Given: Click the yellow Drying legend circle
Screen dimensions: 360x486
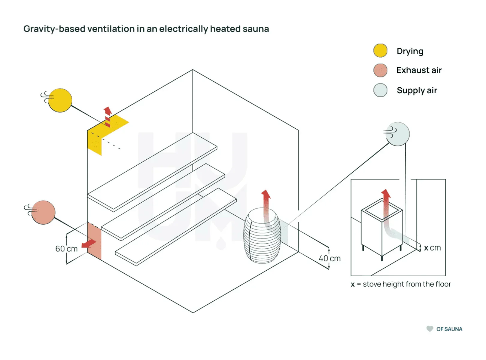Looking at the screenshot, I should point(380,51).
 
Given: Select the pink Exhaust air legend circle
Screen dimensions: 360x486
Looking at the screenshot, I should point(380,70).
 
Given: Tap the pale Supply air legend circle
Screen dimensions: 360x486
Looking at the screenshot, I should point(380,90).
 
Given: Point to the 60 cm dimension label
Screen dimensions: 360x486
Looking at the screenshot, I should point(66,249).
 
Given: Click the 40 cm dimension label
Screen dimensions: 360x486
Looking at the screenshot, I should point(329,258).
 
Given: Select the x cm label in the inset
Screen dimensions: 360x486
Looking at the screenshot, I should point(432,248).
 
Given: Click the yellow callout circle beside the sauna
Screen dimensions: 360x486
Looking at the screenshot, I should point(60,100).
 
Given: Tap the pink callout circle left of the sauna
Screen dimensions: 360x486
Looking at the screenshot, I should point(43,212).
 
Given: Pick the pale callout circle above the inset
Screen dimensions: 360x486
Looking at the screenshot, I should point(397,134).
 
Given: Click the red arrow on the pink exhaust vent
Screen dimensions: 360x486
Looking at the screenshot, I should point(89,243).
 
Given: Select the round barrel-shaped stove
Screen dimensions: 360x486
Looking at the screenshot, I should point(262,235).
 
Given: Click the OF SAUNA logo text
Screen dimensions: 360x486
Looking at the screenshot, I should point(449,329).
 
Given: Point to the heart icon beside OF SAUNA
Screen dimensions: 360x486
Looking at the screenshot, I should point(430,329).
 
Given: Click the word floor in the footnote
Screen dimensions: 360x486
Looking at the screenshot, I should point(443,284).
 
